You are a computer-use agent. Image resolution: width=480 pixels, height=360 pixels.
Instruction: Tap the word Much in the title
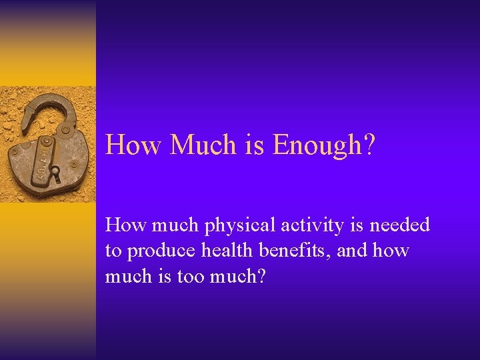(199, 144)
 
